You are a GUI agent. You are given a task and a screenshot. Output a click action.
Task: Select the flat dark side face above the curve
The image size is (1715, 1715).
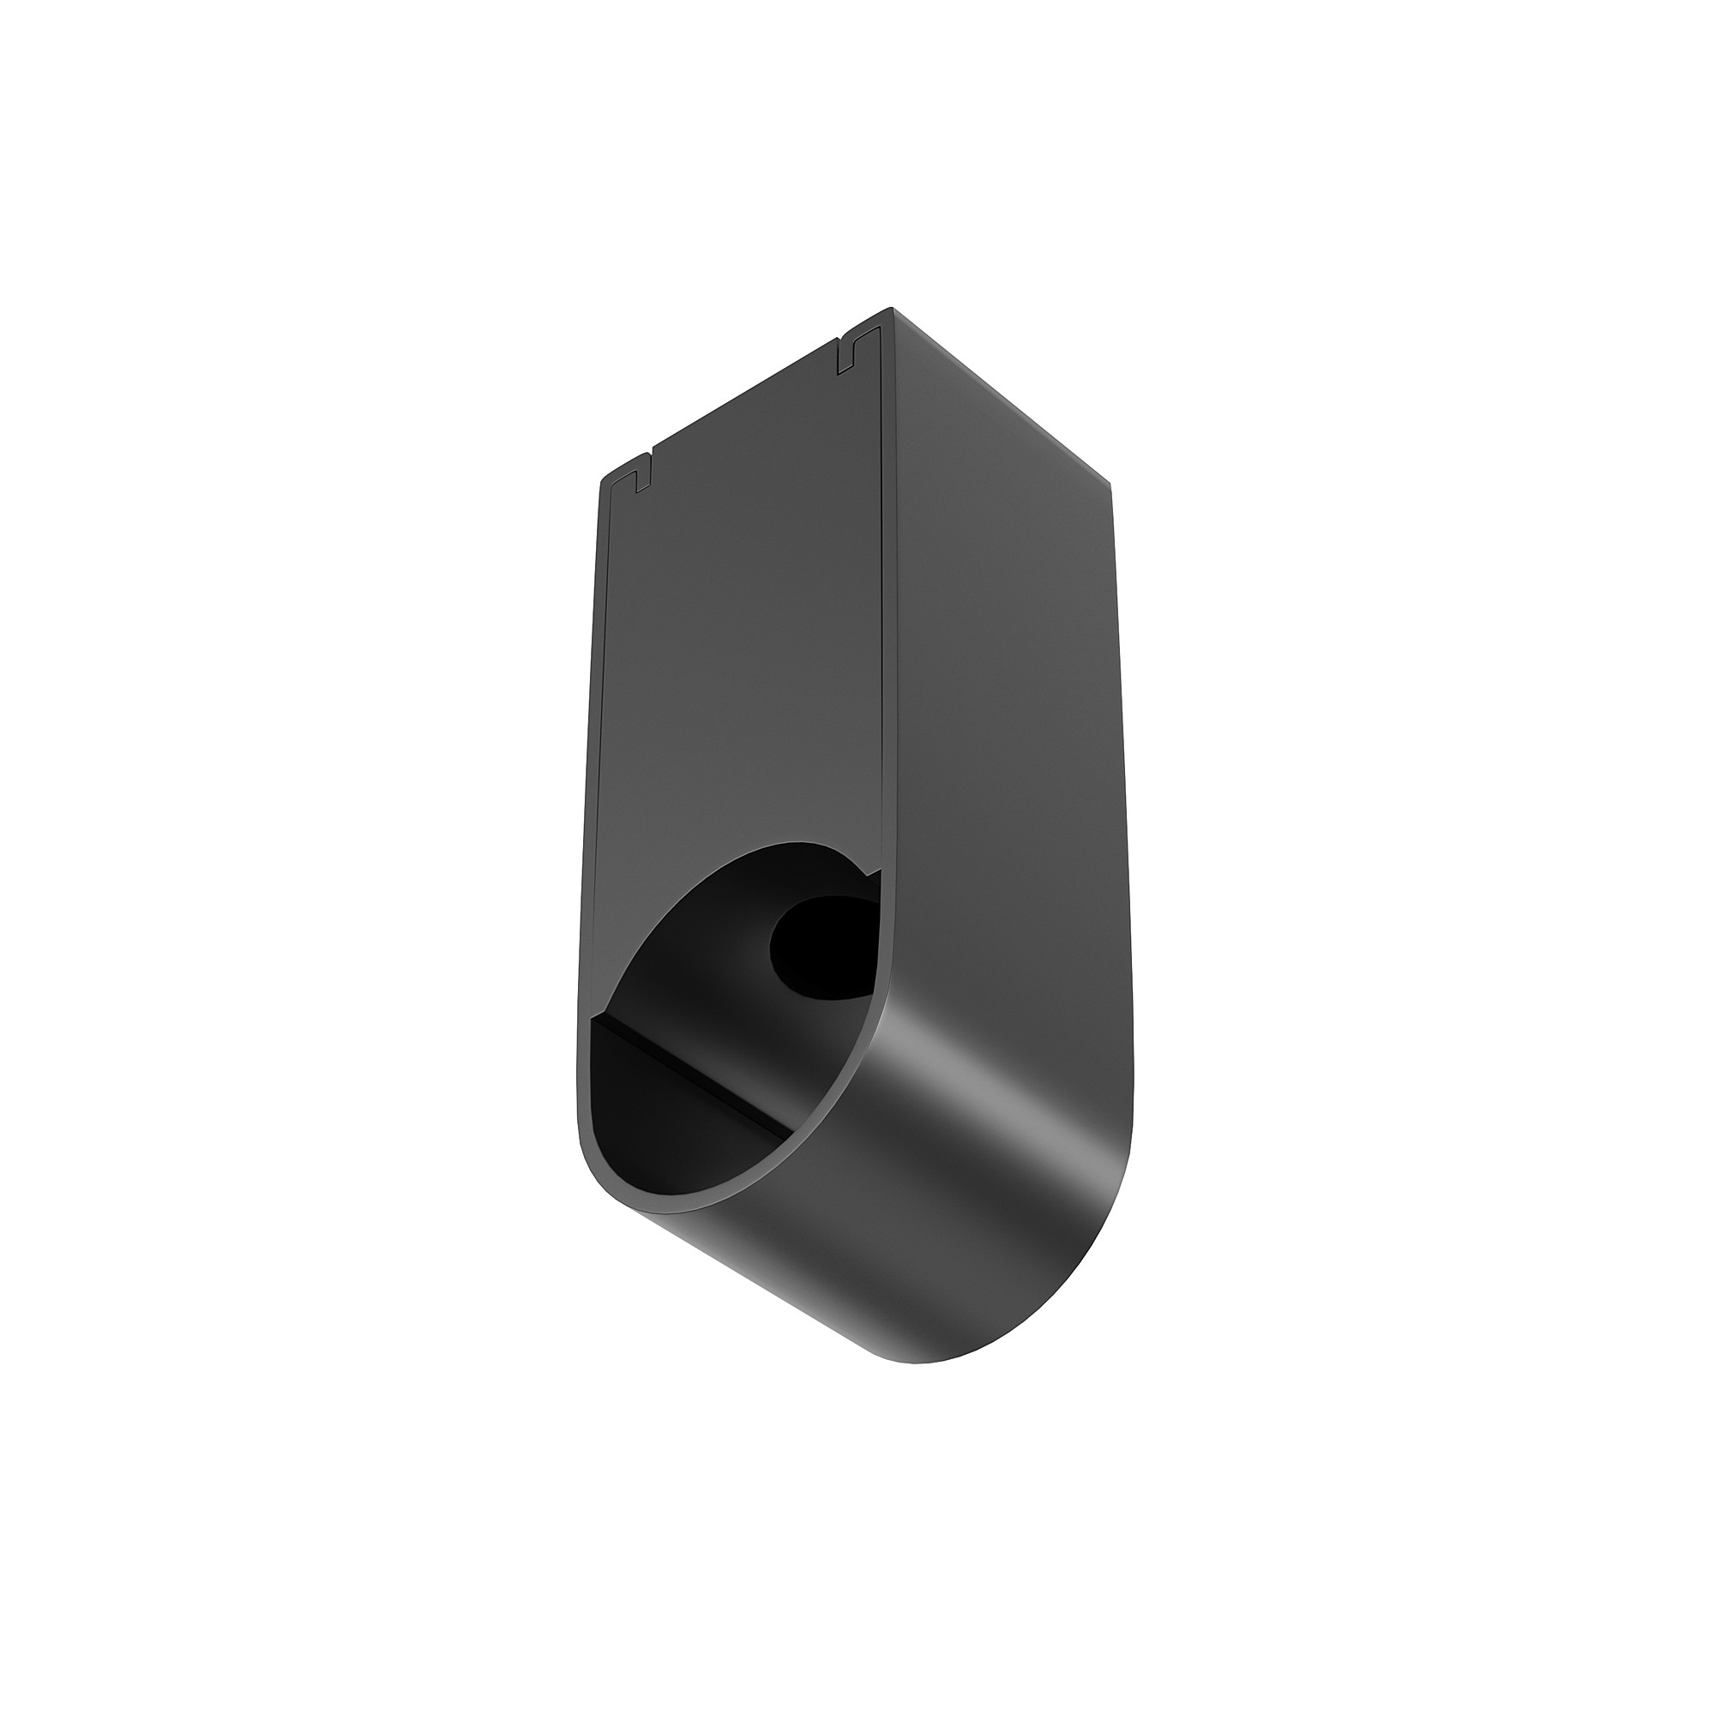[1003, 710]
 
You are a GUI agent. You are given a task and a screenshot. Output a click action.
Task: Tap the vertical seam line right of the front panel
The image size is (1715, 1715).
[884, 622]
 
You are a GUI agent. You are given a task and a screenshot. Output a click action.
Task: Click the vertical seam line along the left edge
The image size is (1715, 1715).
[597, 710]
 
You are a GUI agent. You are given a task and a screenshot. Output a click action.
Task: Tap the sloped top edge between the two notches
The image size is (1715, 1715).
[746, 407]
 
